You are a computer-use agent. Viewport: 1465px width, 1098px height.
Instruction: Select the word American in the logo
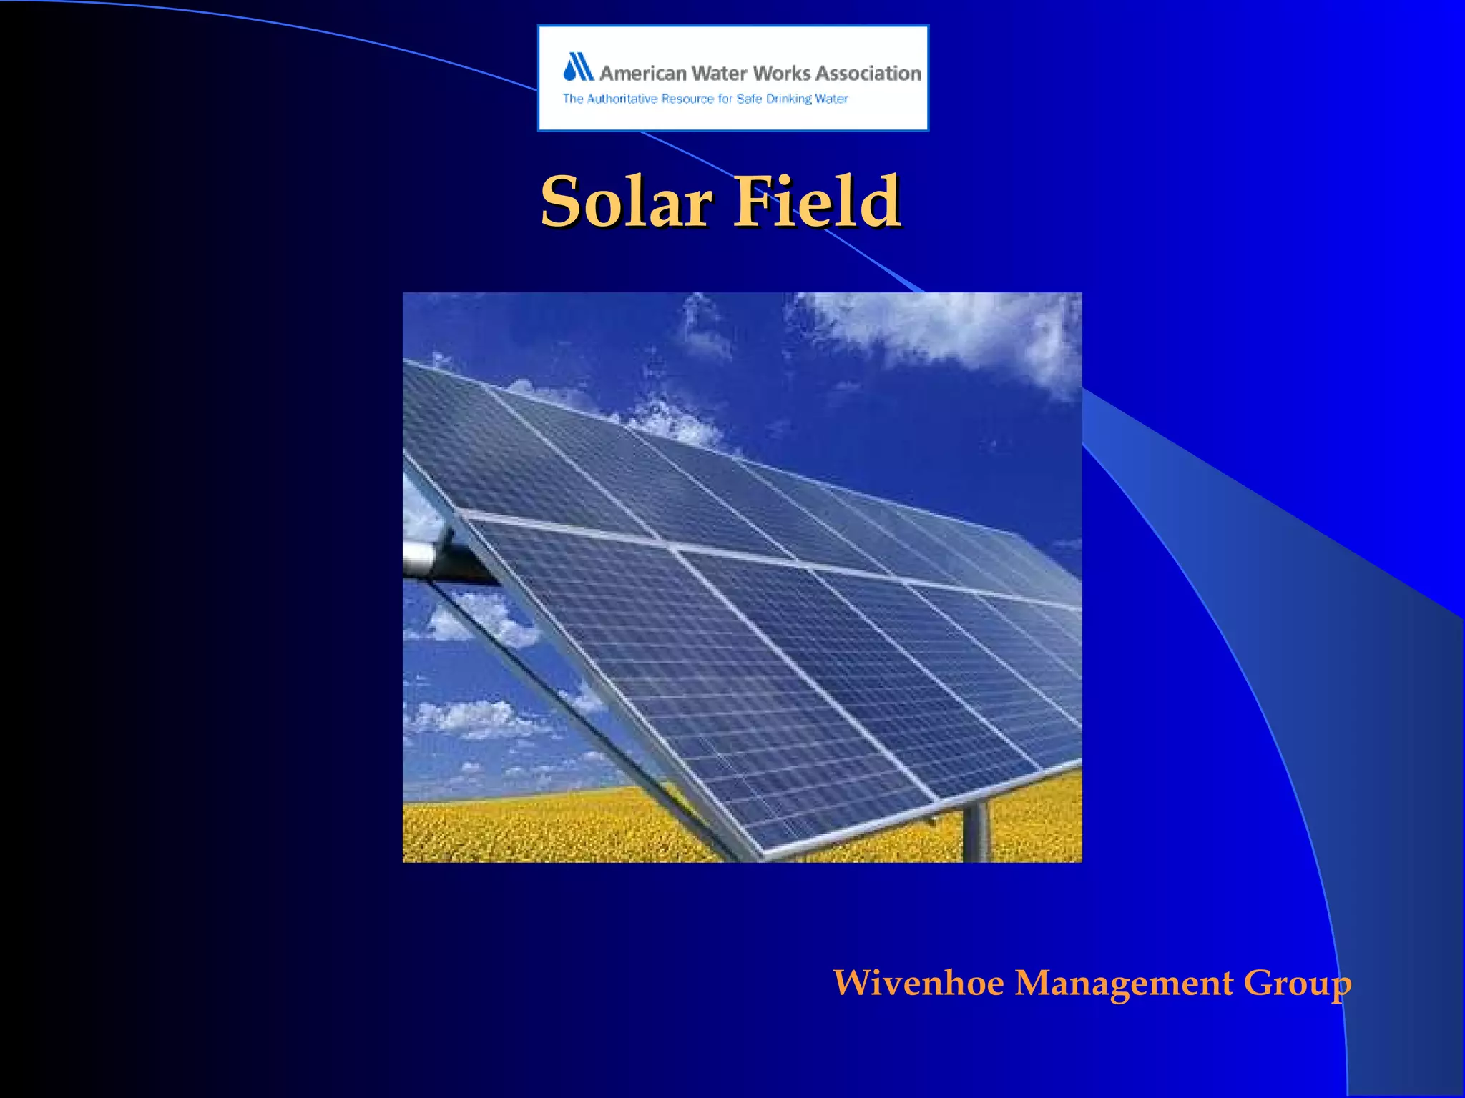(642, 74)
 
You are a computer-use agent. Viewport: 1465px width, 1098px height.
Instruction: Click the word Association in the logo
(868, 74)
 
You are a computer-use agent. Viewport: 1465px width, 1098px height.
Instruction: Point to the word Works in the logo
(782, 74)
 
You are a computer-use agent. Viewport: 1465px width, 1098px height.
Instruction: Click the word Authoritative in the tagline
(622, 99)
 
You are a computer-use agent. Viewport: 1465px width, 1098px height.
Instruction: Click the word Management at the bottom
(1124, 983)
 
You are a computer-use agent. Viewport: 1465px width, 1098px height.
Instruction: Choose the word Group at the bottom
(1297, 984)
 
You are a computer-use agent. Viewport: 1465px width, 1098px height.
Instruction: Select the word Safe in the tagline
(749, 99)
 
